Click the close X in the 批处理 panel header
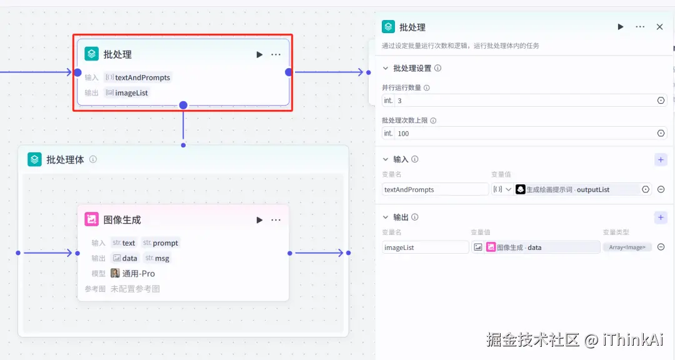click(x=659, y=27)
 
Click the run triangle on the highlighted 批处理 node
click(x=259, y=54)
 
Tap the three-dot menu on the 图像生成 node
click(x=276, y=220)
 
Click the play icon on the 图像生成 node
click(x=259, y=220)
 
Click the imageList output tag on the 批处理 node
click(x=127, y=93)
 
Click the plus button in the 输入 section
click(x=661, y=159)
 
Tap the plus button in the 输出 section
click(x=661, y=217)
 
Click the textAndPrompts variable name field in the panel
click(x=435, y=189)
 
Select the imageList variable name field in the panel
click(x=425, y=247)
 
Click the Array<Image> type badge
click(x=627, y=247)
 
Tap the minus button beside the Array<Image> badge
click(x=661, y=247)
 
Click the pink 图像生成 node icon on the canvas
click(x=92, y=219)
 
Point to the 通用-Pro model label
click(x=138, y=274)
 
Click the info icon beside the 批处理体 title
click(x=93, y=159)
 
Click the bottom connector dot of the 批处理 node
click(x=183, y=105)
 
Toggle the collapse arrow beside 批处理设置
click(x=385, y=68)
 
